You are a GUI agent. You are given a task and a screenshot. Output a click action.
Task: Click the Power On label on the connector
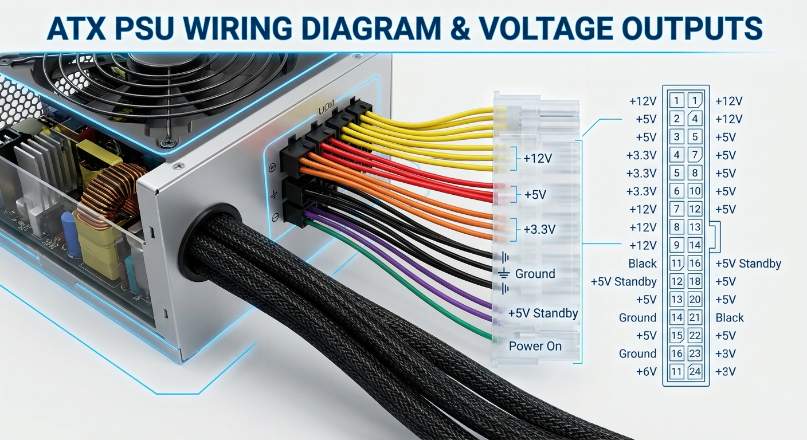point(535,346)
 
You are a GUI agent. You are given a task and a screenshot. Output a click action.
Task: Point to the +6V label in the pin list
point(646,372)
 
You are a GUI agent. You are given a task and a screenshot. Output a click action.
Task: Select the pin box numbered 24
point(695,372)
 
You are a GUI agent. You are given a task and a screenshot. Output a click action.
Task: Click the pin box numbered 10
point(695,191)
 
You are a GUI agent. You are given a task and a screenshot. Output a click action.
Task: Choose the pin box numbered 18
point(695,281)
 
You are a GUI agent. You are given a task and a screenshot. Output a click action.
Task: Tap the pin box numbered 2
point(677,119)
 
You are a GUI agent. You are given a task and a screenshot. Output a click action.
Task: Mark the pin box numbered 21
point(695,317)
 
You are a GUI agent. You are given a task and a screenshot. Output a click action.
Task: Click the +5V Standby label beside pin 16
point(748,264)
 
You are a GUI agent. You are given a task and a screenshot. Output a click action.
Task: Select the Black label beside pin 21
point(730,317)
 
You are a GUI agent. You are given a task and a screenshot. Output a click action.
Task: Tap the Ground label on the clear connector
point(535,274)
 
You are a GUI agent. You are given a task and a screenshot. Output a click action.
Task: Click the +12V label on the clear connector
point(538,159)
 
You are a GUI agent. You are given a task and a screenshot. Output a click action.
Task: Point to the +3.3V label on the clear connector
point(539,229)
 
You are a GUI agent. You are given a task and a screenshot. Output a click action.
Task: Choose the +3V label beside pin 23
point(726,353)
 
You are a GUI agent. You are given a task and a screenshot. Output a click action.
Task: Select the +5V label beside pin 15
point(646,336)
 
